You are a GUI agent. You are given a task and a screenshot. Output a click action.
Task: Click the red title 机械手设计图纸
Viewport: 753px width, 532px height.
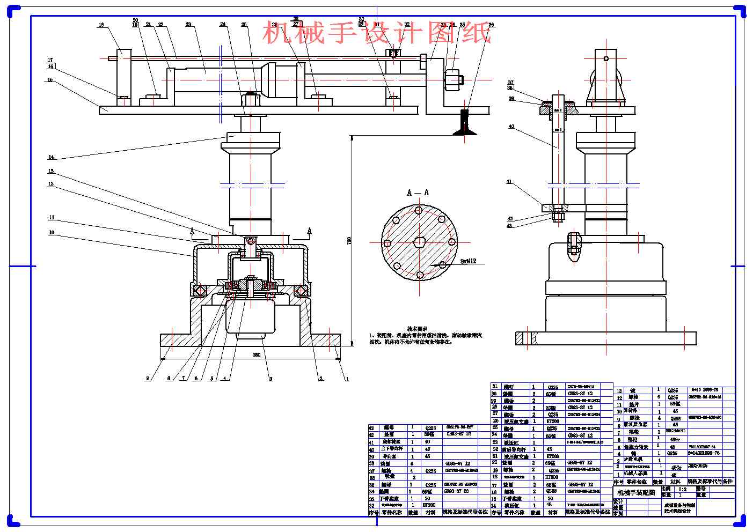click(377, 33)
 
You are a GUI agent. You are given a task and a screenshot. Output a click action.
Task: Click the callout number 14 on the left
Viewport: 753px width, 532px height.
click(51, 157)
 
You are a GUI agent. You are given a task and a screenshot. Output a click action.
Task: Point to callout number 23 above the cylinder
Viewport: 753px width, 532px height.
click(188, 25)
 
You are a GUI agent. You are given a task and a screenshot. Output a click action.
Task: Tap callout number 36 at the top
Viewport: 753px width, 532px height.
click(491, 25)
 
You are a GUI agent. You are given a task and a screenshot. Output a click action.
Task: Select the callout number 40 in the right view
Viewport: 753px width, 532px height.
click(511, 127)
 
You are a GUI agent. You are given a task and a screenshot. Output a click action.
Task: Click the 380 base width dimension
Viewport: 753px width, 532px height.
click(257, 355)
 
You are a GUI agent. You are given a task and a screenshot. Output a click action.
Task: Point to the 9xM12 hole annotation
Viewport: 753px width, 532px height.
click(469, 262)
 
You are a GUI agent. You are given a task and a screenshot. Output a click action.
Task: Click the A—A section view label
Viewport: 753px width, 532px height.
click(418, 193)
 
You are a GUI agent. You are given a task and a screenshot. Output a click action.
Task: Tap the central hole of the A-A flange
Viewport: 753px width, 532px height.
click(419, 242)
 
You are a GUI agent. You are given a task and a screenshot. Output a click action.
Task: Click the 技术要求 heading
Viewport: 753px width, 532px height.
click(417, 328)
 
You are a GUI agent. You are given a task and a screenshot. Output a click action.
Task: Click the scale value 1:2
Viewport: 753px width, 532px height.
click(682, 489)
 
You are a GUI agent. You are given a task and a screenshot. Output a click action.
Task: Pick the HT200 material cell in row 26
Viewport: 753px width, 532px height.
click(552, 422)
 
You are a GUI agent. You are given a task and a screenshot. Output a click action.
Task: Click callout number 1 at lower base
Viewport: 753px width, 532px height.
click(347, 379)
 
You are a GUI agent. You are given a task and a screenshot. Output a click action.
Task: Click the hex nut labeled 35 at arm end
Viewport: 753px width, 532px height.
click(454, 80)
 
